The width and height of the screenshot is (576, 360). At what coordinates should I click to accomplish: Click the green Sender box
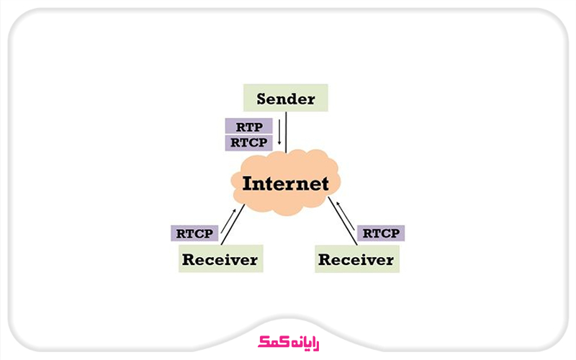285,99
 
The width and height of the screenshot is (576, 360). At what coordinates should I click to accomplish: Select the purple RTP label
248,127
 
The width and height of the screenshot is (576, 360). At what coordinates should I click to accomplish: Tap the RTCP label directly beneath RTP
248,143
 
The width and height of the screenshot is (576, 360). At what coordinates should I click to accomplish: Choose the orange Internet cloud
286,184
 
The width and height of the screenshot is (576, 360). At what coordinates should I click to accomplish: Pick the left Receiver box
220,258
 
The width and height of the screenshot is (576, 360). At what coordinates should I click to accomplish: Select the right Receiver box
356,258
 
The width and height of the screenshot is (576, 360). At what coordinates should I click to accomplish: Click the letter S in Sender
262,99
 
